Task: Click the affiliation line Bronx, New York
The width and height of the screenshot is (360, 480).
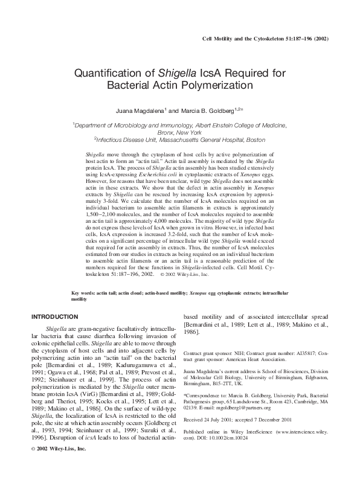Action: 179,132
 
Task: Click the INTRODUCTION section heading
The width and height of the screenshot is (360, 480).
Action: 54,316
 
